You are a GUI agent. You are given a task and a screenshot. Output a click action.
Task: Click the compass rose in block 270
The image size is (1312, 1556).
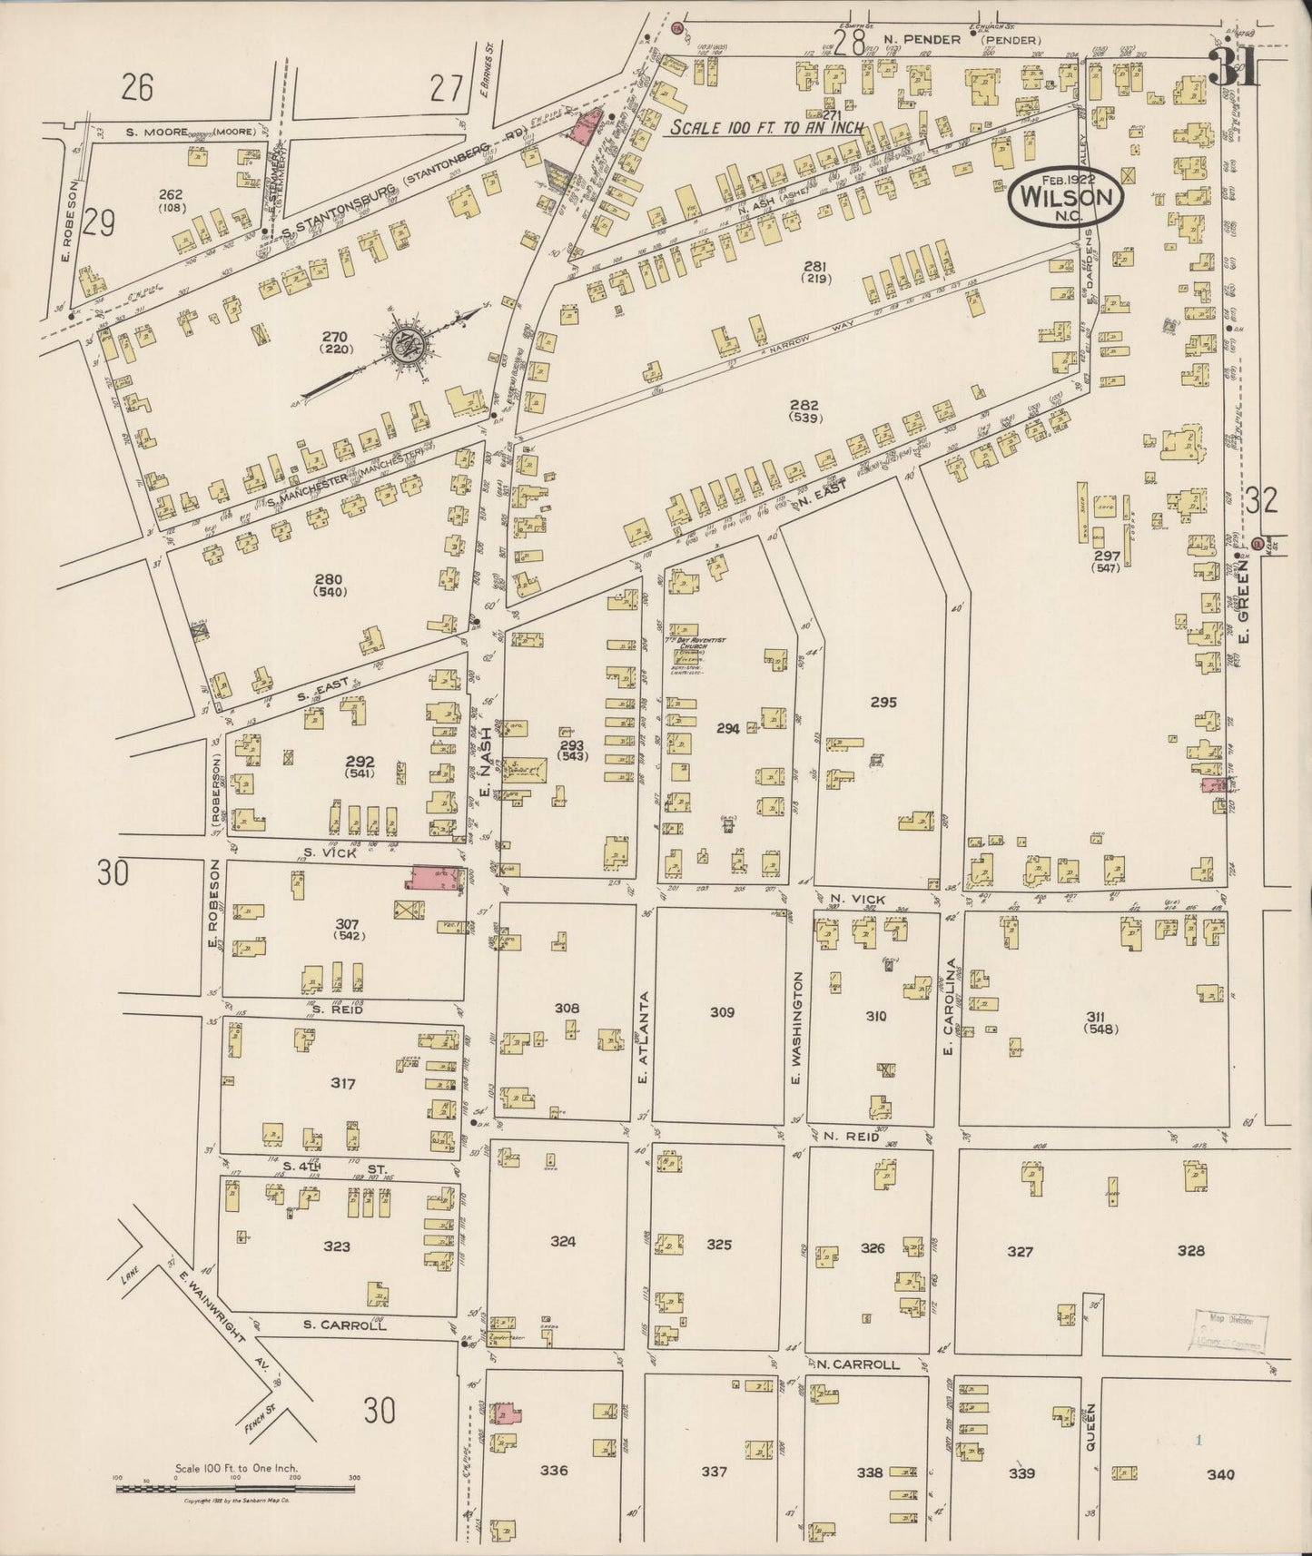(406, 346)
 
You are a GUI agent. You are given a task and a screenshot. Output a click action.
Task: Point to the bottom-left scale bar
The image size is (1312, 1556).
(235, 1487)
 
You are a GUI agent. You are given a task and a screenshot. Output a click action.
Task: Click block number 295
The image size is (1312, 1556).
(883, 702)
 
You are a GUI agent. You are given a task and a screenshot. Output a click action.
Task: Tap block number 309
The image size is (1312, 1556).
(722, 1011)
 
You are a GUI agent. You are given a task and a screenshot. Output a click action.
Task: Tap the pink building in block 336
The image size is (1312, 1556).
(505, 1414)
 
